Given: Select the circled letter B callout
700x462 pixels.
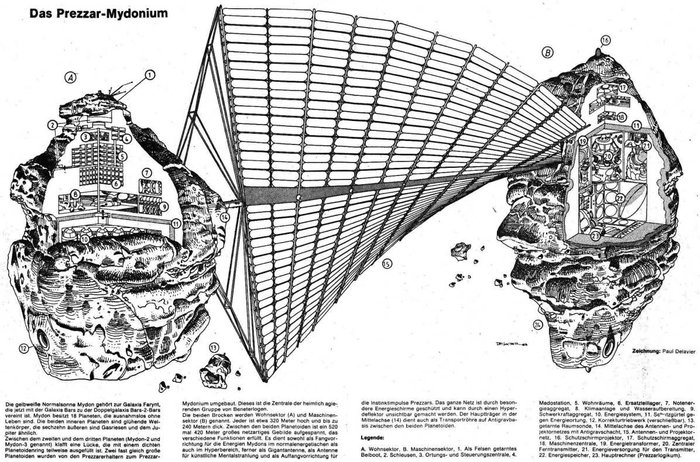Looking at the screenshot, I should [547, 53].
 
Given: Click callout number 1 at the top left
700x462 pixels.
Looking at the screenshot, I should [150, 74].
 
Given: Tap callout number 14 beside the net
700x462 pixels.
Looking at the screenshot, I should [225, 219].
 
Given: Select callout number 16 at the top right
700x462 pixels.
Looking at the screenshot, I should [605, 40].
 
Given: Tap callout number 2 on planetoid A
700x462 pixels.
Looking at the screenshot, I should [53, 125].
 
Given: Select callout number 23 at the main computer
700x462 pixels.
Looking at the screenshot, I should [596, 236].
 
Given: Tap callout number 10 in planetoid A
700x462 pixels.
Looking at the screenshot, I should [85, 238].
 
